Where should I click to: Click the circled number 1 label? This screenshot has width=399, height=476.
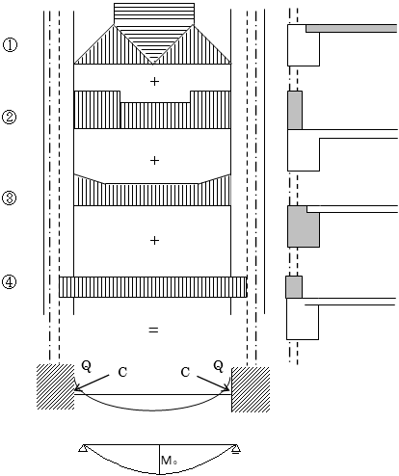point(10,44)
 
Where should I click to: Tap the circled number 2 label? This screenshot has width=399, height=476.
point(10,117)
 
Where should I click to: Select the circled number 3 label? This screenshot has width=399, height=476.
point(10,198)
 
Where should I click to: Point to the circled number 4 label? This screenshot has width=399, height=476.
point(10,282)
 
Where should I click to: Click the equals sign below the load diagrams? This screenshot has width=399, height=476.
point(153,330)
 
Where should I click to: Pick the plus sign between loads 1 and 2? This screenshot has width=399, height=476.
point(154,82)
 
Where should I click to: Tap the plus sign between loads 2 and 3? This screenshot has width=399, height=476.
point(154,160)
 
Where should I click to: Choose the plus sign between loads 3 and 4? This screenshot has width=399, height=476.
point(154,240)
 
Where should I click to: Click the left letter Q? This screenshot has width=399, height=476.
point(87,366)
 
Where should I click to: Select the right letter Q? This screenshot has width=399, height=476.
point(219,366)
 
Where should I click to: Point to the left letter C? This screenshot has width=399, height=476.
point(122,372)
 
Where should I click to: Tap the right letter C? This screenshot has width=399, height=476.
point(185,372)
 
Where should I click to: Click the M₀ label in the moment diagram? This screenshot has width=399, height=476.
point(169,461)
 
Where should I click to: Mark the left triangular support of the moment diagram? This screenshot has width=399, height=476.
point(83,448)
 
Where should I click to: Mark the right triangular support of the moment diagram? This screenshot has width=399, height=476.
point(236,449)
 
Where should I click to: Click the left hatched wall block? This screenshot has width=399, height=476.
point(55,386)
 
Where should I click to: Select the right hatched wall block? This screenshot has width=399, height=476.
point(251,389)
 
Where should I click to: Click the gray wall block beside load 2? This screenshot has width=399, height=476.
point(295,110)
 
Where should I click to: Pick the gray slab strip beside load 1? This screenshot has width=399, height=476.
point(352,28)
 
